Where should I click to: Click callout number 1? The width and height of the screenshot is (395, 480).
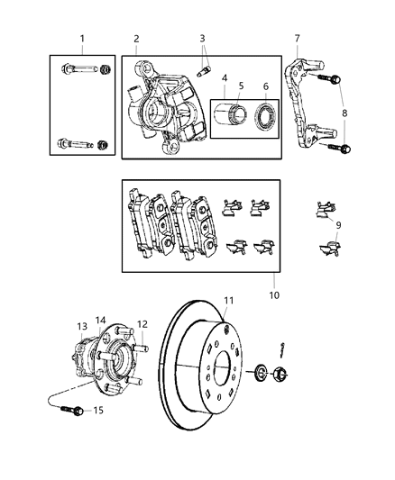(82, 39)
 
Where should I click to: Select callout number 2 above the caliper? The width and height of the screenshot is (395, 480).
(136, 39)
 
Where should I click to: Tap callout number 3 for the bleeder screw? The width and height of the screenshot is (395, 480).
(203, 39)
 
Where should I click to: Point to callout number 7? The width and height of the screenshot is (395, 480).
(297, 39)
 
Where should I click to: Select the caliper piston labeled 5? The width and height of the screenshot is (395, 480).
(234, 118)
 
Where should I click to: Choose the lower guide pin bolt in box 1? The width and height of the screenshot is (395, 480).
(81, 142)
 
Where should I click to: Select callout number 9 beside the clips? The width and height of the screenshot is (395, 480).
(338, 225)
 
